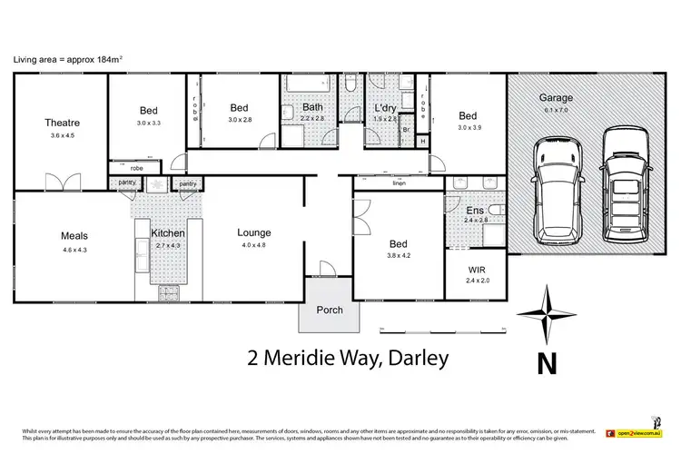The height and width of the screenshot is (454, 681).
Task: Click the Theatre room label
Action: click(63, 123)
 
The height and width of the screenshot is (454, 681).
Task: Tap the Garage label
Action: click(555, 97)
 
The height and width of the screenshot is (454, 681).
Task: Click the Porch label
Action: click(330, 310)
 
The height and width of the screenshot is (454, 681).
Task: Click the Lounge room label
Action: click(254, 232)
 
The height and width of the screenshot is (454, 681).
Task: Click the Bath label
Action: click(311, 108)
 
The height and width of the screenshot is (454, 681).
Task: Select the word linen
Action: click(398, 183)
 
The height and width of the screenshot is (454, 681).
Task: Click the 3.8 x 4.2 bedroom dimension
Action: click(398, 256)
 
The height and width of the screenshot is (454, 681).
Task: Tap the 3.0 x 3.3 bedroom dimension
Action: click(148, 122)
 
